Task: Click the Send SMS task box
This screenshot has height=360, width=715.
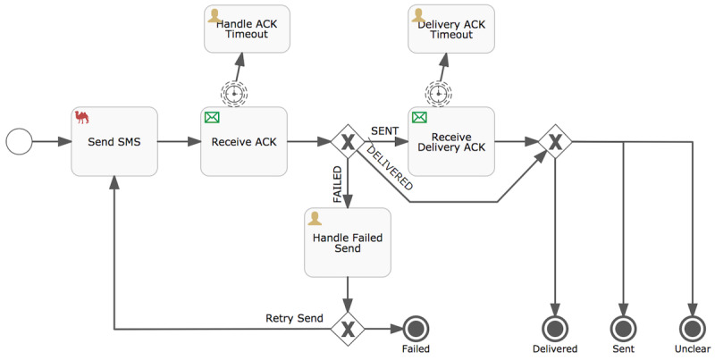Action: tap(114, 141)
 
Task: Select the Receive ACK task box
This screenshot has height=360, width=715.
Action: tap(243, 141)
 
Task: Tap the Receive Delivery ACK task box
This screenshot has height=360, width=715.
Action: tap(451, 141)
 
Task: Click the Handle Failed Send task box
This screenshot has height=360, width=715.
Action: tap(348, 242)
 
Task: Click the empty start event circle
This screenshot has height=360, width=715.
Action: tap(18, 141)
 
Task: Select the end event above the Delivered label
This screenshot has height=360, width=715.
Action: tap(556, 328)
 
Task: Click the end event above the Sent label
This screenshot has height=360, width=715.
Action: tap(624, 328)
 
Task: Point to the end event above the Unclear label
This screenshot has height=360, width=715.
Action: tap(692, 328)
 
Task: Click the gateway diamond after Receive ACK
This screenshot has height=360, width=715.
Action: tap(347, 141)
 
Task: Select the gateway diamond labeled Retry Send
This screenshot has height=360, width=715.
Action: tap(347, 328)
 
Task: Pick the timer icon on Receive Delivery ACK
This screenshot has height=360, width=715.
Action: tap(437, 93)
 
